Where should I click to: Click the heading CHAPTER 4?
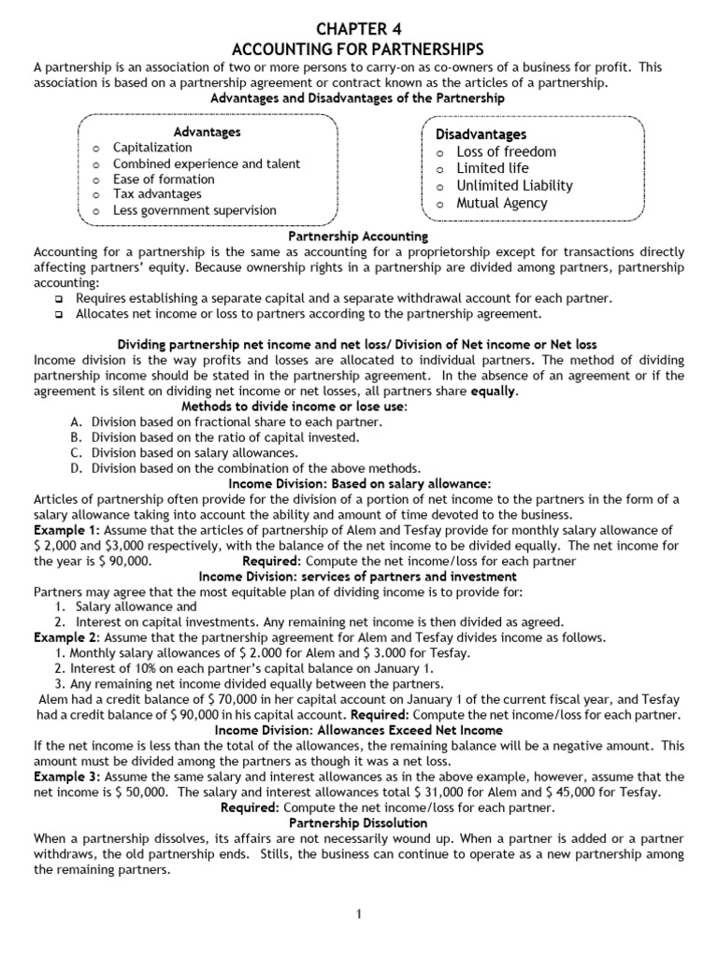tap(358, 27)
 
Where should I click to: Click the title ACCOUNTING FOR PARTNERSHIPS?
tap(358, 49)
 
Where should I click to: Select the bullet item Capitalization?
tap(152, 148)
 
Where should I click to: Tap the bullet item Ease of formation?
tap(164, 179)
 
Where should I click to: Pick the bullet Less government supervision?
tap(194, 210)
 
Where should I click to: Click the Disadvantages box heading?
tap(481, 135)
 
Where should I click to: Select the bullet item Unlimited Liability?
tap(514, 186)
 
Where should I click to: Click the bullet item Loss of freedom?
tap(506, 152)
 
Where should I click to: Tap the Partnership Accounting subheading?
tap(358, 237)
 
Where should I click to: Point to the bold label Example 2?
tap(63, 637)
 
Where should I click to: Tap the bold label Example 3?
tap(63, 777)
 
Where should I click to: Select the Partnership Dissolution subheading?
tap(358, 823)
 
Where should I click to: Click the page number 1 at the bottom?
tap(358, 914)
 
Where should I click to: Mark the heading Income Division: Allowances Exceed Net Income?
tap(358, 730)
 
